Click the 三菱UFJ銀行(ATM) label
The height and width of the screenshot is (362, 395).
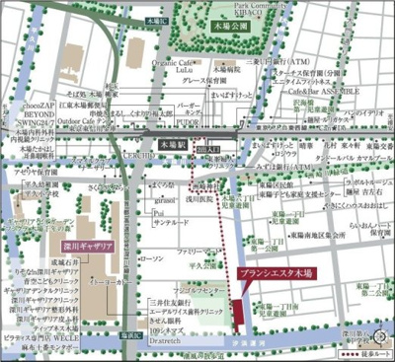point(276,61)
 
